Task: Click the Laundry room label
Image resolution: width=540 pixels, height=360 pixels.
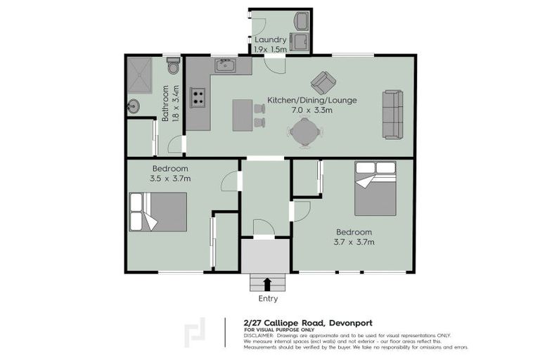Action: [271, 40]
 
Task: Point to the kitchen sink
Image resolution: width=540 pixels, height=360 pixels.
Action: [226, 67]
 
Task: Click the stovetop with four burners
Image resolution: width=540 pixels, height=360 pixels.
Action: [198, 97]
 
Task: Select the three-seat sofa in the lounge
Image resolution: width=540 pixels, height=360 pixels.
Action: [392, 114]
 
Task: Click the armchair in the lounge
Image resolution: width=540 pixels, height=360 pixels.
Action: [323, 82]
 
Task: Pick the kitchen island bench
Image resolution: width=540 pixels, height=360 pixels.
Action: [242, 114]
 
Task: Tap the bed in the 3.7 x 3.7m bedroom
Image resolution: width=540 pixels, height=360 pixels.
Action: [375, 188]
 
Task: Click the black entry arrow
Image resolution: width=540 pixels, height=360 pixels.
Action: [267, 283]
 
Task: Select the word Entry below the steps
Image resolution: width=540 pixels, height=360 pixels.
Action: [267, 299]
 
